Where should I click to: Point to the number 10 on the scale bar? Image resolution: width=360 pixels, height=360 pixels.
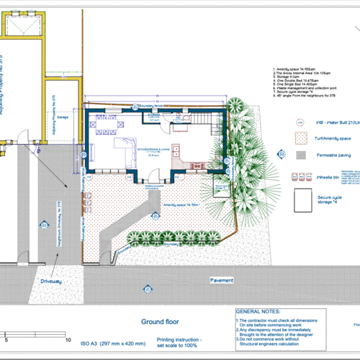pos(68,338)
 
